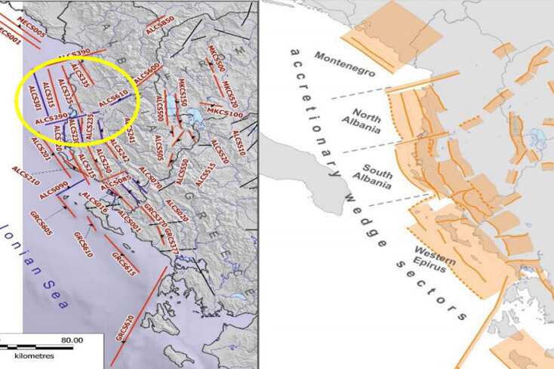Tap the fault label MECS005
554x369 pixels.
click(30, 25)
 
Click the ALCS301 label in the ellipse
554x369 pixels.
click(34, 100)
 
